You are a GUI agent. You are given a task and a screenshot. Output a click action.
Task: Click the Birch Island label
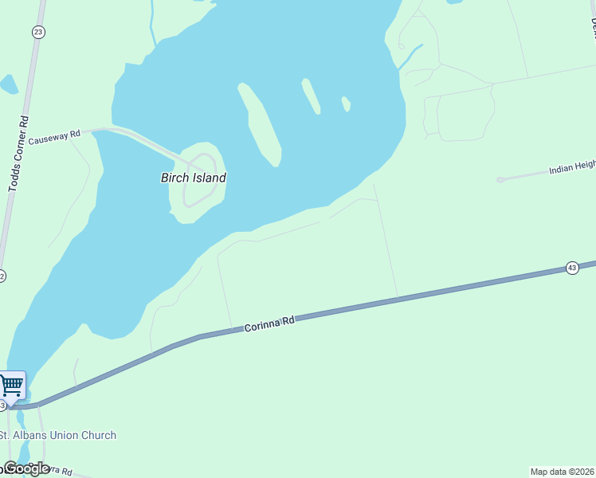pos(194,178)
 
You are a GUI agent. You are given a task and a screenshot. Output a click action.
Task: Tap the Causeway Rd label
pos(55,136)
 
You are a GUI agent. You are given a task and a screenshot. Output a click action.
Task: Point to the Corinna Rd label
pos(269,323)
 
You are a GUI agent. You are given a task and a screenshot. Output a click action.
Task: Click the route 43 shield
pos(572,268)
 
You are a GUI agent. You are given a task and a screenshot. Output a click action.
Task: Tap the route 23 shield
pos(38,32)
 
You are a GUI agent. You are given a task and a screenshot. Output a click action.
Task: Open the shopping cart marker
pos(12,386)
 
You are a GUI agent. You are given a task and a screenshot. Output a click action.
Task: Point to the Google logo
pos(26,468)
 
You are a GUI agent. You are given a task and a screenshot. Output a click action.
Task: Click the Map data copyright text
pos(563,472)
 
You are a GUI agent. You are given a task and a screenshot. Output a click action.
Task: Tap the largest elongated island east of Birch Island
pos(261,123)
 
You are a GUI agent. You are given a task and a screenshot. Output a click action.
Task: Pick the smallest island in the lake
pos(346,104)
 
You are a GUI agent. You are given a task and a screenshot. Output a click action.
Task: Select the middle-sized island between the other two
pos(311,96)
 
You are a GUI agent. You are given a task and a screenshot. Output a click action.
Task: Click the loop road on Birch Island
pos(200,178)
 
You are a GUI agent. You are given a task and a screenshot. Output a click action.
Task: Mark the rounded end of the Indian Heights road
pos(500,180)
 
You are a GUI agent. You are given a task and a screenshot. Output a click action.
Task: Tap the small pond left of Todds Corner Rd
pos(9,84)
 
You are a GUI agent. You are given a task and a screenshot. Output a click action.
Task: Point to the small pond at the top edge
pos(455,2)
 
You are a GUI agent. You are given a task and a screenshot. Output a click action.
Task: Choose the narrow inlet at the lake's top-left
pos(151,20)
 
